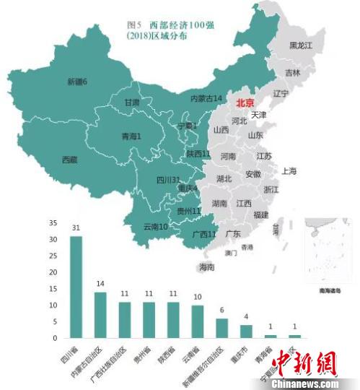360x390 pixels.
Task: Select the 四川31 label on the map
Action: click(167, 180)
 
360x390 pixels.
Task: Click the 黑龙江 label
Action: click(302, 45)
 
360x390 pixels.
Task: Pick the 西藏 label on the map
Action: click(69, 160)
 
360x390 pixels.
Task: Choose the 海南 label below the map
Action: click(206, 267)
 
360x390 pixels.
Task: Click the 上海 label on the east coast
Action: click(289, 171)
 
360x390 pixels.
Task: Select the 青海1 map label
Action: click(130, 135)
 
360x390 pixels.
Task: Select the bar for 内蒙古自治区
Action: click(100, 314)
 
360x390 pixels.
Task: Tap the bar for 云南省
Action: click(198, 321)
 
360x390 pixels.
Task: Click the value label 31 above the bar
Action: click(76, 228)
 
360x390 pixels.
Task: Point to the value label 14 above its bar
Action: click(100, 284)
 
